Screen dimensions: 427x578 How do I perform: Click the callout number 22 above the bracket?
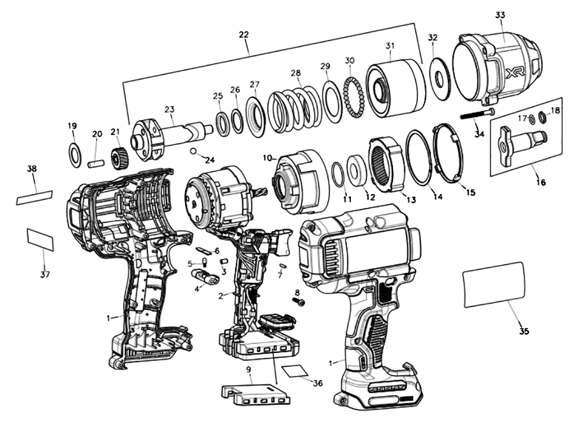point(243,35)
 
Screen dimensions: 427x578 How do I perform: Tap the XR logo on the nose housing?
point(514,73)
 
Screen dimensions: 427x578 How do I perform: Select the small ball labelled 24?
point(194,151)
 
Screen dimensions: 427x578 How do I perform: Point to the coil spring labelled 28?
point(295,104)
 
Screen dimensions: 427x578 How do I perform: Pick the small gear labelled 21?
point(118,157)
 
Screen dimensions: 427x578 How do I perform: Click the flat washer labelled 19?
point(75,154)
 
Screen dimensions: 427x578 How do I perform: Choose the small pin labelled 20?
point(95,162)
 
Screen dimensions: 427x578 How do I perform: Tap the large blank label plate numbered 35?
point(494,284)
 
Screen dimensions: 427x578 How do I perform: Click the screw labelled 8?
point(299,302)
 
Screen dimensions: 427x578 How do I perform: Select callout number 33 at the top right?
point(500,16)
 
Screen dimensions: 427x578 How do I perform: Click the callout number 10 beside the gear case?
point(268,158)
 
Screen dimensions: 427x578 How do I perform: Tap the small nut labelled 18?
point(543,118)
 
